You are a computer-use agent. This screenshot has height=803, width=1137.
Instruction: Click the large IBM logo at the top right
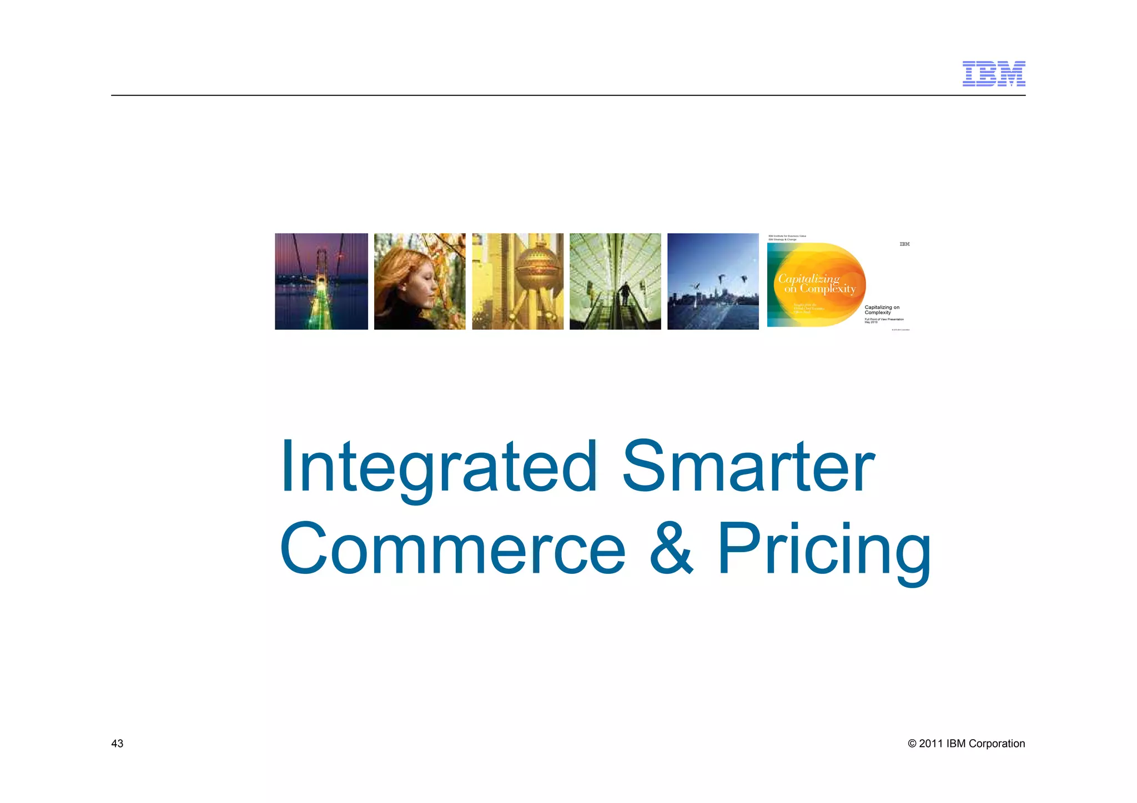tap(993, 74)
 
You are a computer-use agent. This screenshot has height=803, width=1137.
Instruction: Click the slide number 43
tap(117, 744)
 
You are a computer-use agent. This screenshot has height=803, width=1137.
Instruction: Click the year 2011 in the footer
tap(930, 744)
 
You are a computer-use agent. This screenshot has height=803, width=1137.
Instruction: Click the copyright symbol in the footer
tap(912, 744)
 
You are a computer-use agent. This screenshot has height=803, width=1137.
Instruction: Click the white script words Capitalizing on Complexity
tap(816, 284)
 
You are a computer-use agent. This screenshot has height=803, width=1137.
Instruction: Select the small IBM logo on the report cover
tap(904, 244)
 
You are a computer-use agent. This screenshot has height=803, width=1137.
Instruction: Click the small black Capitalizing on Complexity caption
tap(882, 310)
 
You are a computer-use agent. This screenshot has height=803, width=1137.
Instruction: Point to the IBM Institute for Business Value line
tap(787, 236)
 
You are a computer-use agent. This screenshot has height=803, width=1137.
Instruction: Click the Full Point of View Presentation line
tap(884, 319)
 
